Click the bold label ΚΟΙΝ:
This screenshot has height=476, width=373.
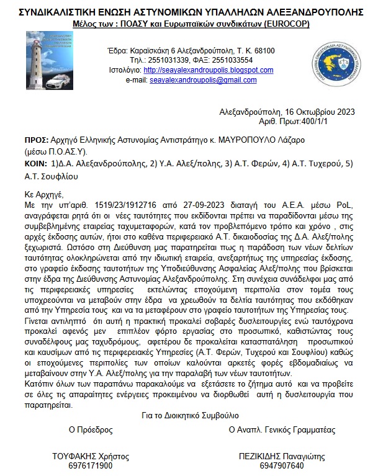pyautogui.click(x=35, y=164)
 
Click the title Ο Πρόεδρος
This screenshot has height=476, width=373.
pyautogui.click(x=91, y=429)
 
